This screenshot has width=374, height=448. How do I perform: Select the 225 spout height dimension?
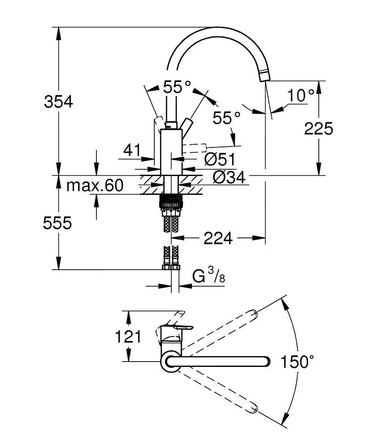coord(318,129)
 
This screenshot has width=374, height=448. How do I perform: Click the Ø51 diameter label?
coord(220,159)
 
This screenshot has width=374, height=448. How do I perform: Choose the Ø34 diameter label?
coord(229,178)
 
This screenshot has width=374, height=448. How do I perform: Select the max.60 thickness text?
coord(94,185)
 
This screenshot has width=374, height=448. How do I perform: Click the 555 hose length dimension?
coord(57,223)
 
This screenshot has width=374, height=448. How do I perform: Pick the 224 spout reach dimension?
coord(218,239)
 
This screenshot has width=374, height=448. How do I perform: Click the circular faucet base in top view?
coord(171,361)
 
